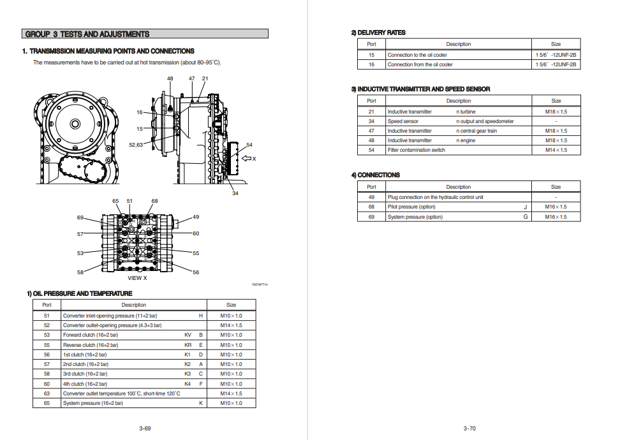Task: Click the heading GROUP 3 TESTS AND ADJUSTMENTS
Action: point(87,34)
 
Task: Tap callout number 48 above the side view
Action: point(170,78)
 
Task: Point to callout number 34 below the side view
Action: point(235,193)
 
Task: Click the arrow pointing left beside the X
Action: point(246,158)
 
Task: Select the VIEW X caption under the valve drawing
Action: point(137,278)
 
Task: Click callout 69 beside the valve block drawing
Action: point(80,217)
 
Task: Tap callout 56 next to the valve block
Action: point(196,272)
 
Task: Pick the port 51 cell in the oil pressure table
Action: point(47,316)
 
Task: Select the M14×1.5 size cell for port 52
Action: point(231,325)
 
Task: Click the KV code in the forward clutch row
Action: point(188,335)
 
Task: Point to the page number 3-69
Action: point(145,428)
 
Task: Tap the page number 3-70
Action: point(469,428)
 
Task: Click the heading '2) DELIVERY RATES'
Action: point(378,33)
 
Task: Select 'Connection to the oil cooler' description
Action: point(417,55)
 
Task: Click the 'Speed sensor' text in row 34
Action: point(403,121)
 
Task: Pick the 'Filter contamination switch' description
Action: point(417,150)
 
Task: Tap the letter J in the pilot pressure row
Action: point(526,207)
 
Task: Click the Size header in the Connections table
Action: point(556,187)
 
